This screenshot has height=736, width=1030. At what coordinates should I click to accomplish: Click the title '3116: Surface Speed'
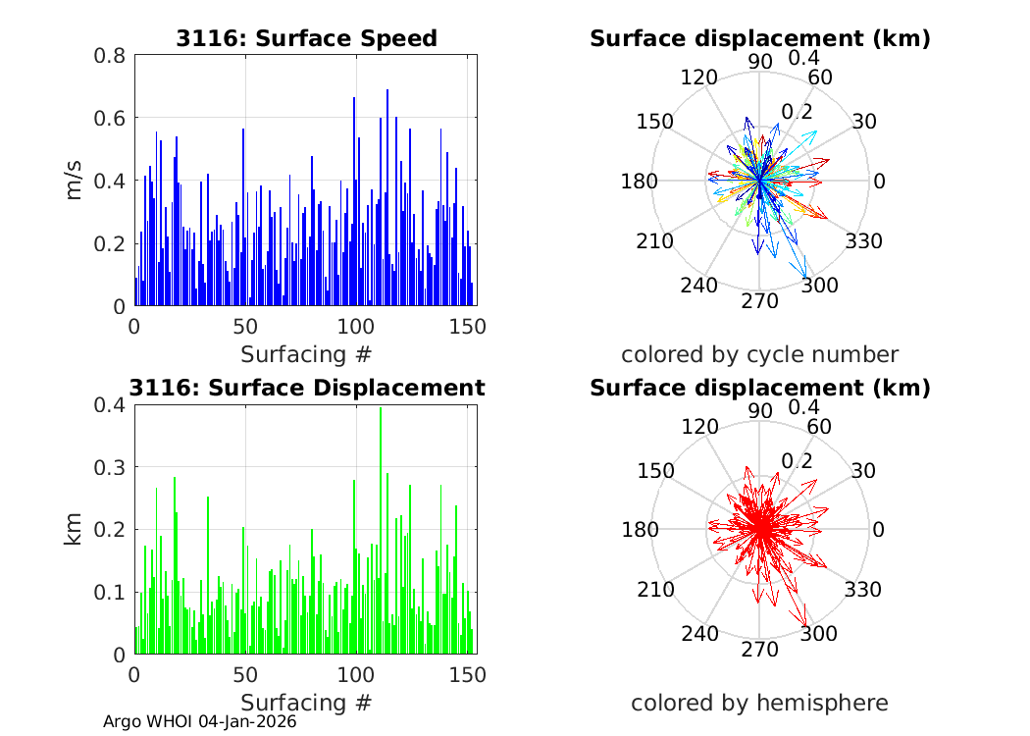pyautogui.click(x=306, y=38)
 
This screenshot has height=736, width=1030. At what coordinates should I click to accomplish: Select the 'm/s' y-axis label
pyautogui.click(x=75, y=181)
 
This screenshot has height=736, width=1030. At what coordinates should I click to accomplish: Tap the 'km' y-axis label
pyautogui.click(x=75, y=529)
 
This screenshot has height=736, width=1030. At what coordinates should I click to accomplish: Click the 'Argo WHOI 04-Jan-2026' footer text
pyautogui.click(x=200, y=721)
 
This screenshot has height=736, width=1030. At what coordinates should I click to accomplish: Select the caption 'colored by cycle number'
pyautogui.click(x=759, y=354)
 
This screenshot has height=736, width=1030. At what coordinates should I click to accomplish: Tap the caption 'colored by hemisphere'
pyautogui.click(x=759, y=703)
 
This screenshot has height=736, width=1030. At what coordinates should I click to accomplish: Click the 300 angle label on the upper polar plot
pyautogui.click(x=820, y=285)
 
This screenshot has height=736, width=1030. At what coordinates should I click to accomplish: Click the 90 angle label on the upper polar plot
pyautogui.click(x=760, y=61)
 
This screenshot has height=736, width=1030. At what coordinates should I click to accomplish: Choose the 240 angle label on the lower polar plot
pyautogui.click(x=700, y=633)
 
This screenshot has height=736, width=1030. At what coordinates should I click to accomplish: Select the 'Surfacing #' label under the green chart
pyautogui.click(x=306, y=703)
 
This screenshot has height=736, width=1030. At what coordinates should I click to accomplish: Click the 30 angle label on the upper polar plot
pyautogui.click(x=863, y=122)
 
